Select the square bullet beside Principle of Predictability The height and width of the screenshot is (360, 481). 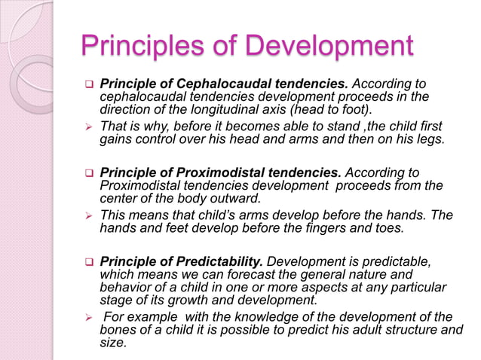click(87, 263)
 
